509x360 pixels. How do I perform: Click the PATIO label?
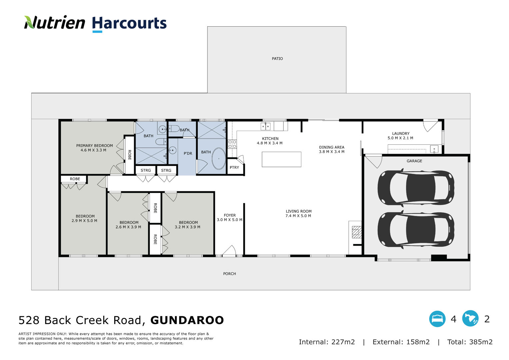(x=277, y=59)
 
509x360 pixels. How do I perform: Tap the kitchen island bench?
(x=281, y=159)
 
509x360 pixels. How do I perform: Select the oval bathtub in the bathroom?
(x=219, y=159)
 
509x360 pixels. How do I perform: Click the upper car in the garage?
(x=416, y=188)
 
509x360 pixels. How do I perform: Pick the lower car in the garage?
(x=416, y=229)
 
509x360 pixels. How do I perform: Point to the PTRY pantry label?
(x=234, y=167)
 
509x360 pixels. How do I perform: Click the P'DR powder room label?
(x=188, y=153)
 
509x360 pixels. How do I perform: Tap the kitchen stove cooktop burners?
(x=232, y=144)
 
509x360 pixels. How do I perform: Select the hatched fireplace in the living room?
(x=356, y=232)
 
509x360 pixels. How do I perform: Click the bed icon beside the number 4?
(x=437, y=319)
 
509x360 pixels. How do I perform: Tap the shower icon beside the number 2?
(x=470, y=319)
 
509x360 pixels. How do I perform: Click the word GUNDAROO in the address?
(x=187, y=320)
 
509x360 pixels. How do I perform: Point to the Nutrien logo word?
(x=55, y=22)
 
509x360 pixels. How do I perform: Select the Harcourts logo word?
(x=129, y=23)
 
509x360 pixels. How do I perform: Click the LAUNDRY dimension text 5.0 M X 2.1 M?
(x=400, y=138)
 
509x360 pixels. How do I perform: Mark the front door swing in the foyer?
(x=229, y=251)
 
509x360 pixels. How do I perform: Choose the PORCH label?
(x=230, y=274)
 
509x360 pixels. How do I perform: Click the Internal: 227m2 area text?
(x=327, y=342)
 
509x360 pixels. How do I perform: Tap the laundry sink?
(x=434, y=149)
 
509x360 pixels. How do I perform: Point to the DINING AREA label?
(x=331, y=147)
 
